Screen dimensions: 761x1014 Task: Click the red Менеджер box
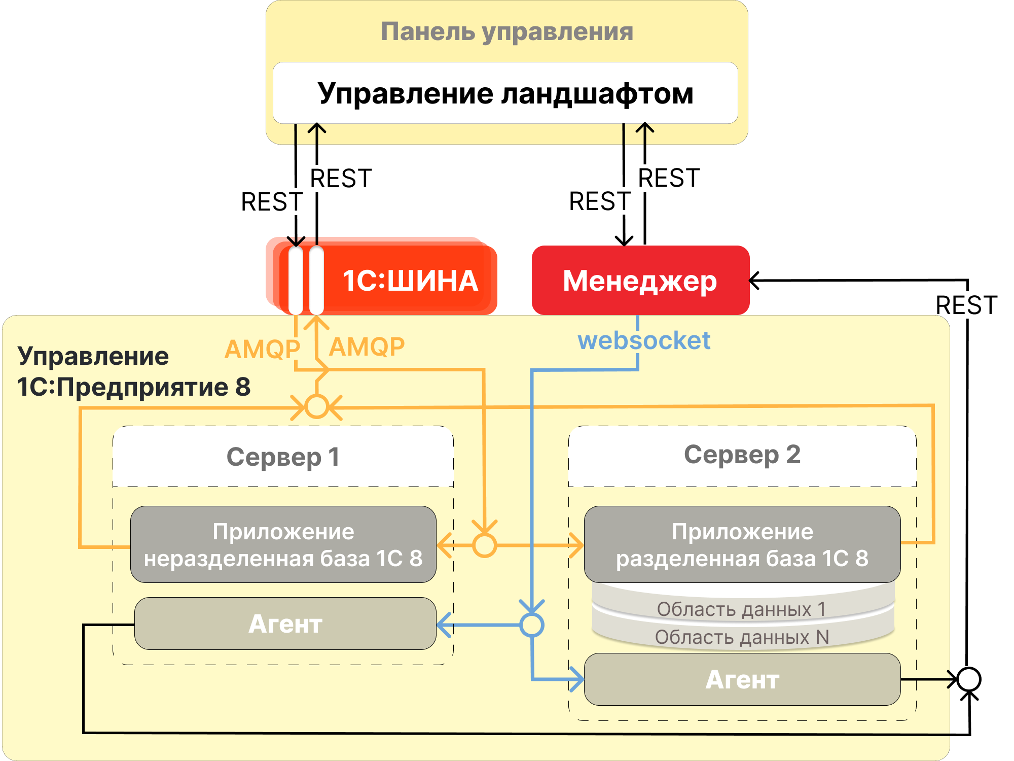(x=640, y=281)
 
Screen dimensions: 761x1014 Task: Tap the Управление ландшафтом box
(x=505, y=93)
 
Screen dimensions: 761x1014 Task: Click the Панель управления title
(x=507, y=31)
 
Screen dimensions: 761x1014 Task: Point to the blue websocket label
(x=644, y=340)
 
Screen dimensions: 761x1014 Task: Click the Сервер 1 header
(x=283, y=457)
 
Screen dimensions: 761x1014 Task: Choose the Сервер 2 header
(x=742, y=455)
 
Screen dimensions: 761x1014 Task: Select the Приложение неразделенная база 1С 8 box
(x=283, y=544)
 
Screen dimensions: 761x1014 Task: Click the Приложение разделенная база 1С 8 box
(x=742, y=544)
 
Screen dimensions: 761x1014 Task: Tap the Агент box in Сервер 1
(x=285, y=624)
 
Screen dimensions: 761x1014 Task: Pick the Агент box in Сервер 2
(x=742, y=679)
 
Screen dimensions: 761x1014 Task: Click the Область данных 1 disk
(x=742, y=608)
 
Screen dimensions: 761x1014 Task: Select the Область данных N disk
(x=742, y=637)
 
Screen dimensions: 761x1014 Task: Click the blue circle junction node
(x=532, y=625)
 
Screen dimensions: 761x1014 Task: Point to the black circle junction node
(x=969, y=679)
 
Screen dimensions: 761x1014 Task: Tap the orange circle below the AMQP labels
(x=317, y=406)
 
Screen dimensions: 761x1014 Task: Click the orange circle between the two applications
(x=484, y=545)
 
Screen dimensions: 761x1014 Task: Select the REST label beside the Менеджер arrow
(x=966, y=305)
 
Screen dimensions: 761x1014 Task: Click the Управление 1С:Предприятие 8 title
(x=133, y=371)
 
